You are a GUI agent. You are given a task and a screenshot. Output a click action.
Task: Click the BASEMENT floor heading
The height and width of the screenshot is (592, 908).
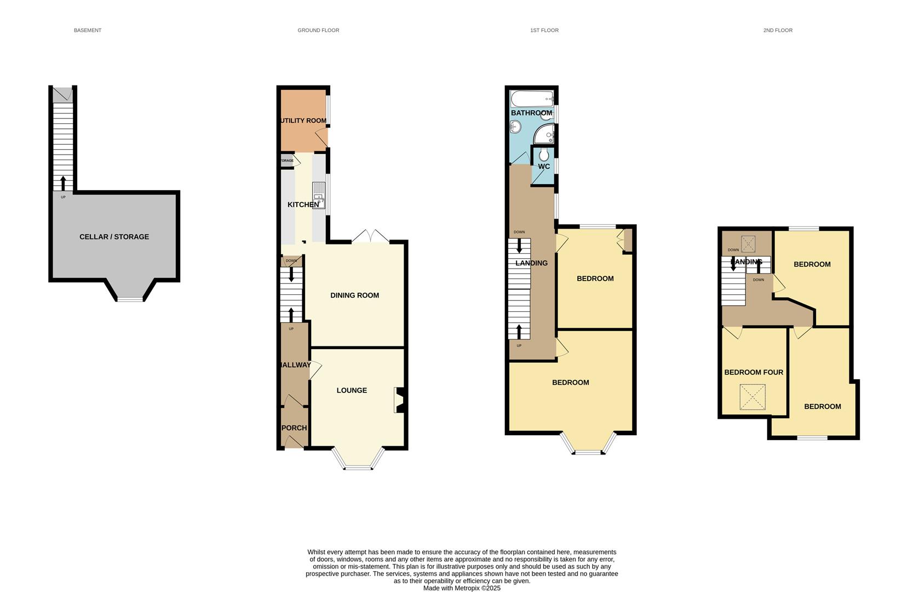pyautogui.click(x=88, y=30)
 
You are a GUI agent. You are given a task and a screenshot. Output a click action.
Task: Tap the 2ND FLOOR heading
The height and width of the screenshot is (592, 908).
pyautogui.click(x=778, y=30)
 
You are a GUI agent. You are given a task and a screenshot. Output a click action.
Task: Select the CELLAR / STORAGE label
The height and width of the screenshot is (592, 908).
pyautogui.click(x=114, y=237)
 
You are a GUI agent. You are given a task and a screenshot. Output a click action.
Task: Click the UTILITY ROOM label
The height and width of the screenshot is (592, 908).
pyautogui.click(x=303, y=121)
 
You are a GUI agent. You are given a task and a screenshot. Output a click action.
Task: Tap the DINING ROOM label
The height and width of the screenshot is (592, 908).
pyautogui.click(x=354, y=295)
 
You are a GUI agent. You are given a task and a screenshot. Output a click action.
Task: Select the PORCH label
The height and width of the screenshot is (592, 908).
pyautogui.click(x=294, y=428)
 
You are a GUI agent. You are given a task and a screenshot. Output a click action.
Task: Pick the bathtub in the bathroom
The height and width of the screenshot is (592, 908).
pyautogui.click(x=532, y=99)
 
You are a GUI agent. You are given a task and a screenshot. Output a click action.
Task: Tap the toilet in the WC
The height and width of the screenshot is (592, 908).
pyautogui.click(x=543, y=155)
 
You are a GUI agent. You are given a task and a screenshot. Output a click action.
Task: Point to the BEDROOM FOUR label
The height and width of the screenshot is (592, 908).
pyautogui.click(x=754, y=372)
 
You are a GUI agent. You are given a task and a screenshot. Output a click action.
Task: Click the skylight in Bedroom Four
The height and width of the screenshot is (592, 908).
pyautogui.click(x=752, y=397)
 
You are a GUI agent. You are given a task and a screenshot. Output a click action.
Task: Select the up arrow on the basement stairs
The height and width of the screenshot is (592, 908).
pyautogui.click(x=63, y=183)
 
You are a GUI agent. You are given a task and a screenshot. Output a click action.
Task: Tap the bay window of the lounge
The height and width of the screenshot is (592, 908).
pyautogui.click(x=358, y=467)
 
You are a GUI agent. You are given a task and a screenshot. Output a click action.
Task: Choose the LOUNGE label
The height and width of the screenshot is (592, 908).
pyautogui.click(x=352, y=390)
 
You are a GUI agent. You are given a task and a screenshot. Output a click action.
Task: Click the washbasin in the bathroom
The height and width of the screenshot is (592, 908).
pyautogui.click(x=515, y=127)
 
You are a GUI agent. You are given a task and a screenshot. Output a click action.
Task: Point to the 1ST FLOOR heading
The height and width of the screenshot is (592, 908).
pyautogui.click(x=544, y=30)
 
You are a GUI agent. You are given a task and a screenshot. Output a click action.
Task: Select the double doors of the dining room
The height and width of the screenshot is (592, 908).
pyautogui.click(x=371, y=237)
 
